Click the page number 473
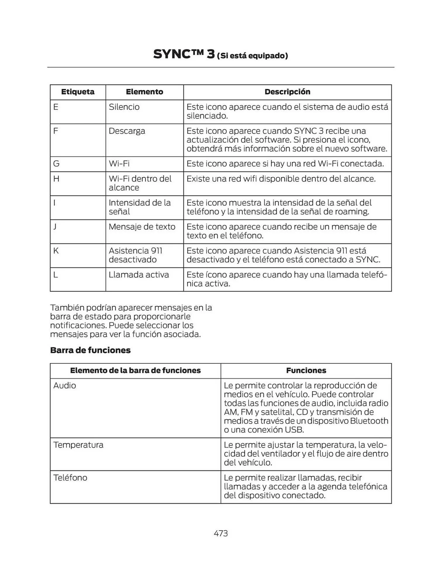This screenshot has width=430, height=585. click(x=221, y=533)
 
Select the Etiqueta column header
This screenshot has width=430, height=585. click(x=78, y=92)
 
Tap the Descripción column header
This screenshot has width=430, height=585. click(x=287, y=92)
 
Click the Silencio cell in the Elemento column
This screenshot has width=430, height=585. click(x=124, y=107)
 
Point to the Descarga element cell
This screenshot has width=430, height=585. click(x=127, y=131)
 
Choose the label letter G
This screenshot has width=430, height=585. click(x=56, y=164)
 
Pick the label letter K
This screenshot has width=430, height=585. click(x=56, y=251)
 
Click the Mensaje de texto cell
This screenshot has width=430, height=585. click(x=142, y=227)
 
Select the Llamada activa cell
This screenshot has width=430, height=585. click(x=139, y=275)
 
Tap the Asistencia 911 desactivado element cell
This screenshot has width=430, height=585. click(x=135, y=255)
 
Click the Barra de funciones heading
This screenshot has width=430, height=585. click(x=90, y=350)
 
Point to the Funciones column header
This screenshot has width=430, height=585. click(x=306, y=371)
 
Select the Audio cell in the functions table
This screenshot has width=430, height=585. click(x=65, y=386)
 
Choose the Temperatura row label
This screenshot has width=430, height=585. click(x=78, y=445)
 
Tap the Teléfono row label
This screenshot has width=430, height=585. click(x=70, y=478)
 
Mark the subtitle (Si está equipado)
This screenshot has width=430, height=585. click(x=252, y=56)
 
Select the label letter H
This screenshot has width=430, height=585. click(x=56, y=179)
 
